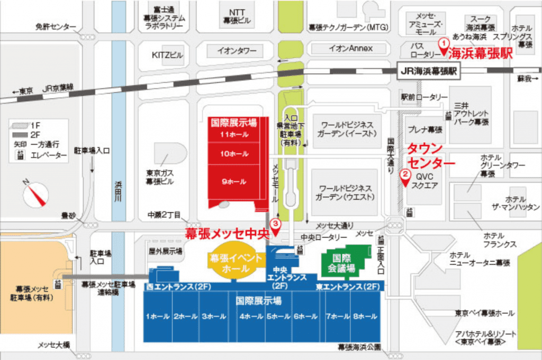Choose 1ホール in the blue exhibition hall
pos(158,317)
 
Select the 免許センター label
pos(56,27)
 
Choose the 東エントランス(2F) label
pos(348,287)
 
